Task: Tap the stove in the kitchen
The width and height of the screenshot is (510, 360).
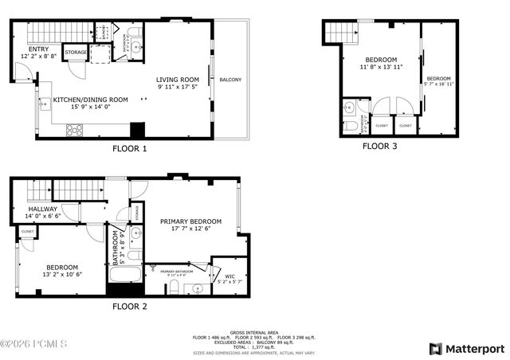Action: (75, 130)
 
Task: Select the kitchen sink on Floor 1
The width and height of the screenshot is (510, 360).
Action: (44, 102)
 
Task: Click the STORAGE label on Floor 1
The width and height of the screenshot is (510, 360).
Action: (76, 52)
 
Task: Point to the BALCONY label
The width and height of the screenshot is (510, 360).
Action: (230, 80)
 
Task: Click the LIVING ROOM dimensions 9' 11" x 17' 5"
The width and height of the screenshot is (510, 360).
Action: (177, 87)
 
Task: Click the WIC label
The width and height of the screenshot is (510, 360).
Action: (223, 276)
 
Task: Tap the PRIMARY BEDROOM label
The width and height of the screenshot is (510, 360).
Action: (190, 221)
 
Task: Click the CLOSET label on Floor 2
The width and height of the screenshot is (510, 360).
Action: (28, 231)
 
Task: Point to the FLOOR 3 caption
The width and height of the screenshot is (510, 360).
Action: (380, 146)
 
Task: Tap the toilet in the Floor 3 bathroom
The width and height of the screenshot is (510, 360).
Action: (349, 126)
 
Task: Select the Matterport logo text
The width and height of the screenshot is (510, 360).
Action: (474, 349)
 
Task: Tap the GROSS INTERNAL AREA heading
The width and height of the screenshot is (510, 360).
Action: (253, 332)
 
